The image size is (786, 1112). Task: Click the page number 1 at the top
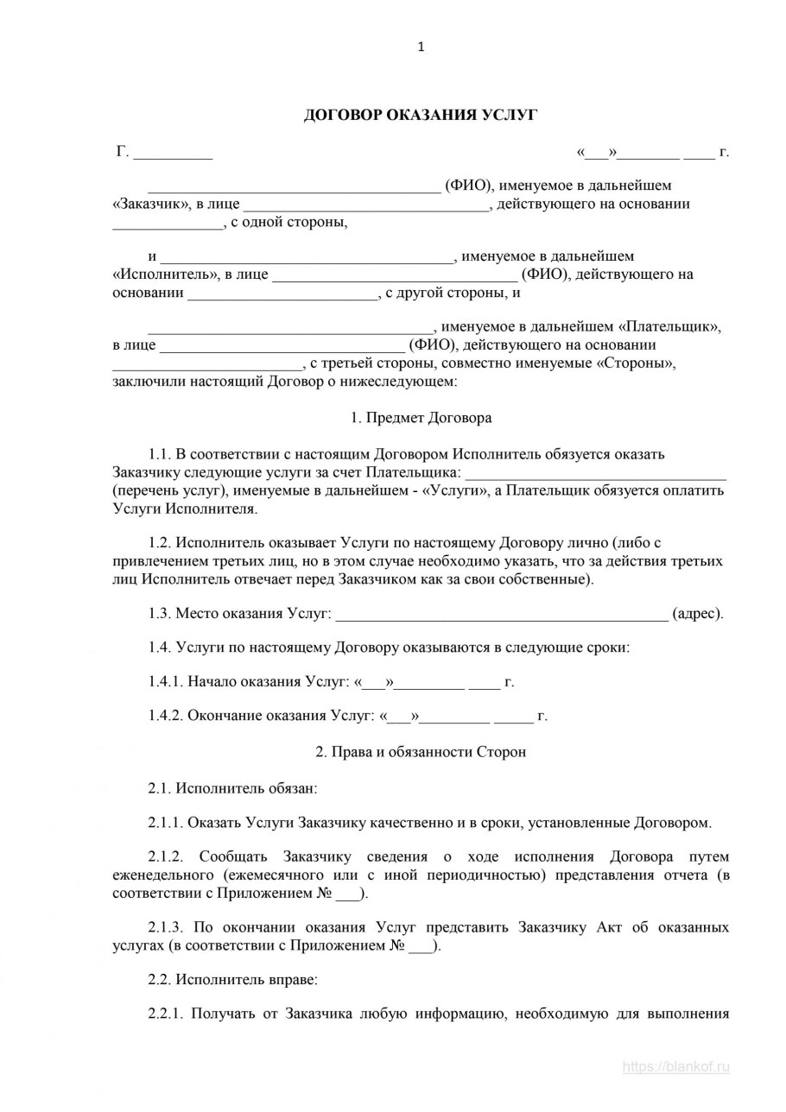point(421,47)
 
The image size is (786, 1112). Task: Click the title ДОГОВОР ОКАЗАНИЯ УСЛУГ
point(421,115)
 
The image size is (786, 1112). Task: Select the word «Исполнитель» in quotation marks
point(165,275)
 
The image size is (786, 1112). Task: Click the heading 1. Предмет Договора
point(421,418)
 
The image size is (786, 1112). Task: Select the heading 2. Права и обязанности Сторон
point(421,752)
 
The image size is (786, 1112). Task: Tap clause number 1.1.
point(161,454)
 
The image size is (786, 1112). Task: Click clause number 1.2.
point(161,543)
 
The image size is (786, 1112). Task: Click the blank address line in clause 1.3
point(501,614)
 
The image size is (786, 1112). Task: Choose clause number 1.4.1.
point(167,682)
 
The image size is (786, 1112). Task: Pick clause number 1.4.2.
point(167,716)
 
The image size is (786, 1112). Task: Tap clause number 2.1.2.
point(167,857)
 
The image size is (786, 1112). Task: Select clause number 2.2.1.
point(167,1014)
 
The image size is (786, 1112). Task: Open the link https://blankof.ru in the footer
point(675,1067)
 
